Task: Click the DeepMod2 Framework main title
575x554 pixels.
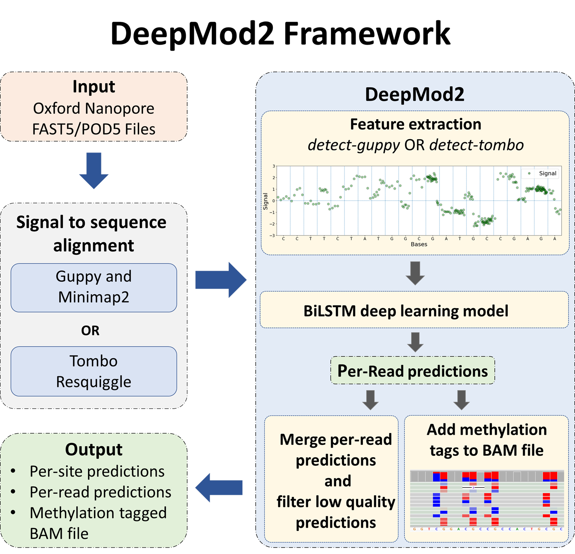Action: [x=280, y=34]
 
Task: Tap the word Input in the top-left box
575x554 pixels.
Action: [x=94, y=86]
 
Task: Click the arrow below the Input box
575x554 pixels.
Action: [x=94, y=170]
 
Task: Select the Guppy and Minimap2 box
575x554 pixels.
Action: [x=94, y=287]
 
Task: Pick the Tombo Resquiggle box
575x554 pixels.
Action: [x=94, y=371]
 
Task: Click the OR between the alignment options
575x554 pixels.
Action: [x=90, y=331]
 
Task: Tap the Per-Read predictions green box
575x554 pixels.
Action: [x=412, y=371]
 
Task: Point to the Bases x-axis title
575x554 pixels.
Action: [x=419, y=245]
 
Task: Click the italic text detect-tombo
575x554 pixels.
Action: [x=476, y=145]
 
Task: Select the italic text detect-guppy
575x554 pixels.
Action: [x=354, y=145]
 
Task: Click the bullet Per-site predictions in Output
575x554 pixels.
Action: [x=97, y=471]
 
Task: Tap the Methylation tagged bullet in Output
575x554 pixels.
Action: [x=98, y=513]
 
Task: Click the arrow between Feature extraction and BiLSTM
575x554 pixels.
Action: [x=415, y=273]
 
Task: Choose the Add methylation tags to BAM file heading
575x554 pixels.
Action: [x=487, y=440]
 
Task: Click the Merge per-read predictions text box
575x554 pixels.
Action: [x=335, y=481]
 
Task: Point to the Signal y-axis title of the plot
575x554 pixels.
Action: [x=266, y=201]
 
